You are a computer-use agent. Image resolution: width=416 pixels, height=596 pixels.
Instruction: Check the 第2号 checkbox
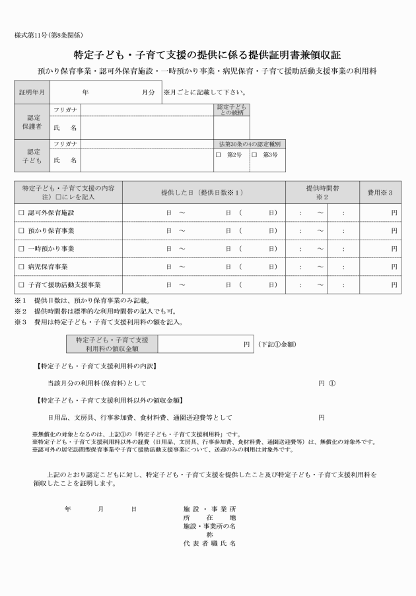(x=218, y=155)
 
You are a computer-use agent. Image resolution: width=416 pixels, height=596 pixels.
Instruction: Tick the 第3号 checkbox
(x=254, y=155)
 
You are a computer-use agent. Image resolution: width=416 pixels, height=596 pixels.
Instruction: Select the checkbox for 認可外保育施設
(x=21, y=213)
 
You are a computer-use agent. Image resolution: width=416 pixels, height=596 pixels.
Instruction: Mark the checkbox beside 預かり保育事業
(x=21, y=231)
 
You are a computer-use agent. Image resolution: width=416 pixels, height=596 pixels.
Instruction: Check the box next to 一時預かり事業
(x=21, y=249)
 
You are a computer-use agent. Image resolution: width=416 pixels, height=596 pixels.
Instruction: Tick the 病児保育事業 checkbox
(x=21, y=267)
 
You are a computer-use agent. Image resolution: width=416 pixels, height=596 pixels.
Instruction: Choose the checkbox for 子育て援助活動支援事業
(x=21, y=284)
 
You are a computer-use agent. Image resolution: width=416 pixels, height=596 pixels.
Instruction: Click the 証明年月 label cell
(x=32, y=92)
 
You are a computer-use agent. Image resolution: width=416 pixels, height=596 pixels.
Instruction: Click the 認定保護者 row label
(x=32, y=121)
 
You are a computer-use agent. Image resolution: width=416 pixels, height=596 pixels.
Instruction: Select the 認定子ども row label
(x=32, y=156)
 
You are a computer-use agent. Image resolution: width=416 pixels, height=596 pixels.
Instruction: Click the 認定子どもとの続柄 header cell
(x=231, y=110)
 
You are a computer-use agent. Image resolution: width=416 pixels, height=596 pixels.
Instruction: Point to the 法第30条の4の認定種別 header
(x=250, y=144)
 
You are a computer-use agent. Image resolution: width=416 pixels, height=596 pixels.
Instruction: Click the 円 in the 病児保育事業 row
(x=394, y=267)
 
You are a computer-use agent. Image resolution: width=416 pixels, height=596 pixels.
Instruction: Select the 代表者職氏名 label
(x=209, y=544)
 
